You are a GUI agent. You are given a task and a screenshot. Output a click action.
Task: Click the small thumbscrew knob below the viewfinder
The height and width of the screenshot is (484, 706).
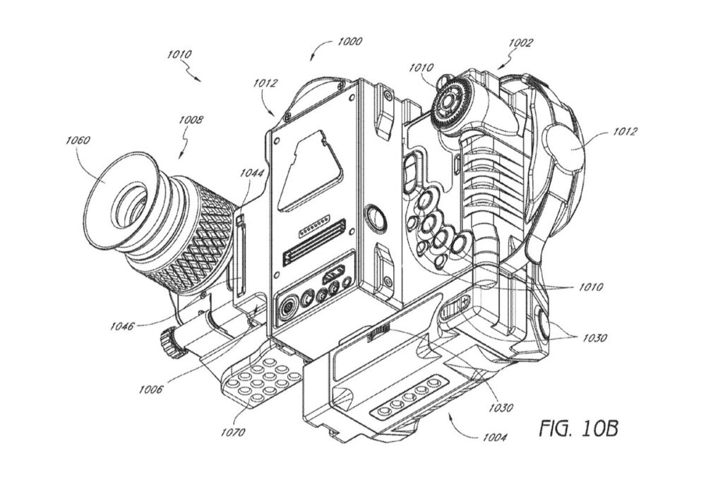169,344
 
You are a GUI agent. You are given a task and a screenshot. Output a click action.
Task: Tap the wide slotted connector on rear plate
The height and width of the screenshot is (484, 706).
314,252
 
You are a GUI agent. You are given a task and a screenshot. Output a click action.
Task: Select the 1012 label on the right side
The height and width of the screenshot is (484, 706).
624,131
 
